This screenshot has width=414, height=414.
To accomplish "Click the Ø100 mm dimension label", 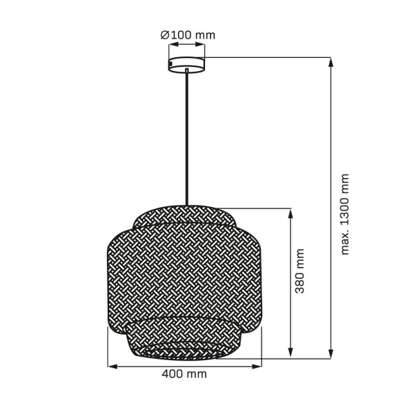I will [188, 34].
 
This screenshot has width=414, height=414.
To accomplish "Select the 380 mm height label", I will [299, 271].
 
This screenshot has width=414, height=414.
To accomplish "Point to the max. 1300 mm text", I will [345, 213].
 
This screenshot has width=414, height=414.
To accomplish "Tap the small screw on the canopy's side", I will [172, 65].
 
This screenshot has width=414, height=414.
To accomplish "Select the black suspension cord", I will [186, 138].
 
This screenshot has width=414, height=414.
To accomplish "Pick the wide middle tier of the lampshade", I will [186, 276].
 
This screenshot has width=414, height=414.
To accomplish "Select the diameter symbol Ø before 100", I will [164, 34].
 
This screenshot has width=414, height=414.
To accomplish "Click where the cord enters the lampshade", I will [186, 205].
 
